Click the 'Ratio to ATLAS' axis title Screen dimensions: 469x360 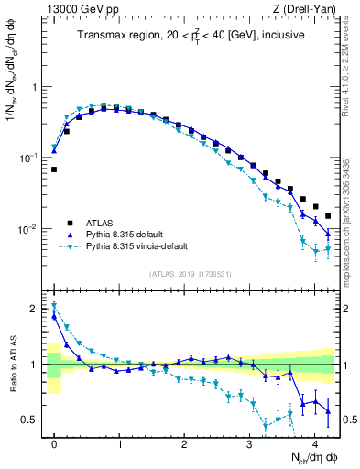(x=12, y=365)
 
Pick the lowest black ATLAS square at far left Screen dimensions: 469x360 (x=54, y=169)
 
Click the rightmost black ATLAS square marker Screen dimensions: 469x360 (x=328, y=216)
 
